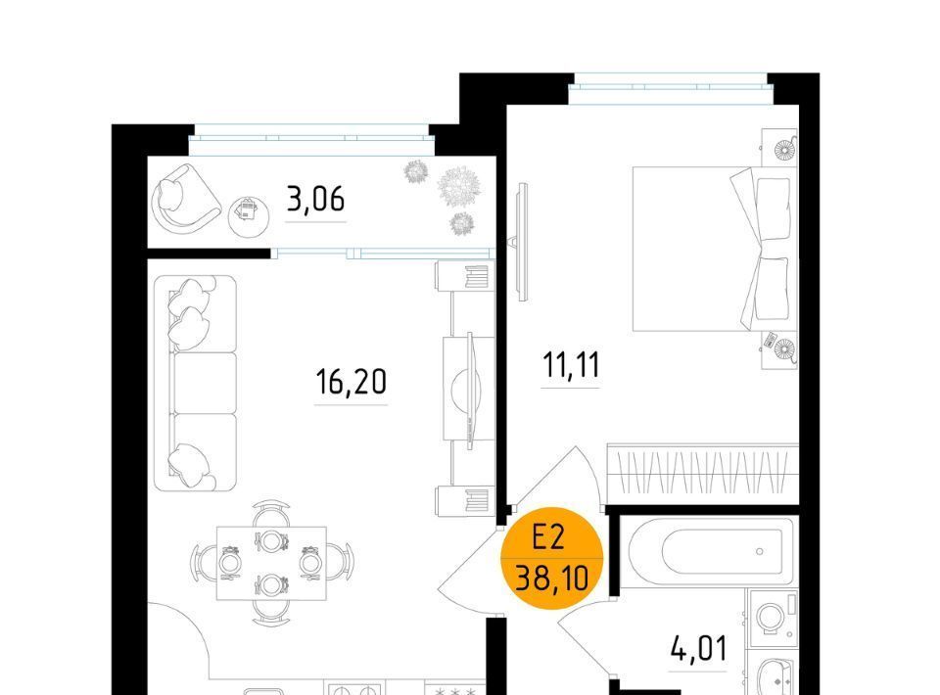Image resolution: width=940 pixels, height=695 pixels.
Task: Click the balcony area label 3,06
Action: [316, 200]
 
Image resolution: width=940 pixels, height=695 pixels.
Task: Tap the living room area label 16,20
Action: [352, 382]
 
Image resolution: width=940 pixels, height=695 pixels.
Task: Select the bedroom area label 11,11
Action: [571, 365]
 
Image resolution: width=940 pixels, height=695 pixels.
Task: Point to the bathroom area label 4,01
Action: [698, 649]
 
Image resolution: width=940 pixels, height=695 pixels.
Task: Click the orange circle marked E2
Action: [551, 558]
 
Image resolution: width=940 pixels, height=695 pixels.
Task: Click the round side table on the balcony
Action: [249, 216]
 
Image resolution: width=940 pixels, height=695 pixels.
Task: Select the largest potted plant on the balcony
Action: [460, 186]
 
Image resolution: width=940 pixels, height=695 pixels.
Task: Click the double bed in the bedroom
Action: [715, 249]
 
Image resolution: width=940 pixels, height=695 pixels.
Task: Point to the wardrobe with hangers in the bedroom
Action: [703, 474]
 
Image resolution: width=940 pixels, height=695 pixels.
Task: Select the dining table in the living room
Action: [271, 563]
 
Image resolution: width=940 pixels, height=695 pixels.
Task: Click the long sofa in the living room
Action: [196, 384]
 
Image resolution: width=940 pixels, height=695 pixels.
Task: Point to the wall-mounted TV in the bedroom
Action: [522, 242]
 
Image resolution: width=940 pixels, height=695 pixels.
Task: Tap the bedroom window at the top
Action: [671, 87]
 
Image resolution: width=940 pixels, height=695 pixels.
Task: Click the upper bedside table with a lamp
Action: [779, 148]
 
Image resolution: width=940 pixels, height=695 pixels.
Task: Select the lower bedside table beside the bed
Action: [780, 349]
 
